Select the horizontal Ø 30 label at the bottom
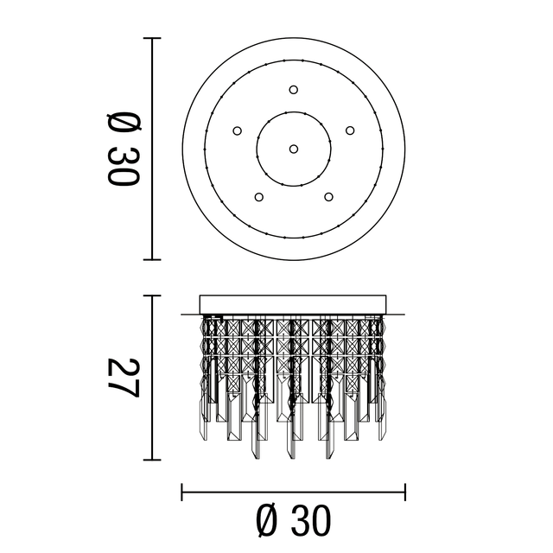pyautogui.click(x=294, y=521)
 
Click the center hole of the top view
pyautogui.click(x=294, y=149)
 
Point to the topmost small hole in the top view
pyautogui.click(x=294, y=89)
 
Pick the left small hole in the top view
pyautogui.click(x=237, y=130)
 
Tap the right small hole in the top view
pyautogui.click(x=350, y=130)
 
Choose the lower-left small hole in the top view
pyautogui.click(x=258, y=196)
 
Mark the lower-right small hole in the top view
pyautogui.click(x=328, y=196)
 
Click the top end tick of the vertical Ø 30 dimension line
pyautogui.click(x=153, y=38)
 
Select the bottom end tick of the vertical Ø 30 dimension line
pyautogui.click(x=153, y=259)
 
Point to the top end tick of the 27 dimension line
pyautogui.click(x=153, y=296)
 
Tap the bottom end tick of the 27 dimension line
pyautogui.click(x=153, y=460)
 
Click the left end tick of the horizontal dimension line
pyautogui.click(x=182, y=493)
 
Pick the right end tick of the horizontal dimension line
pyautogui.click(x=405, y=493)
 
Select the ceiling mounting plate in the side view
pyautogui.click(x=294, y=305)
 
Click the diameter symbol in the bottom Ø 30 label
pyautogui.click(x=268, y=521)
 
